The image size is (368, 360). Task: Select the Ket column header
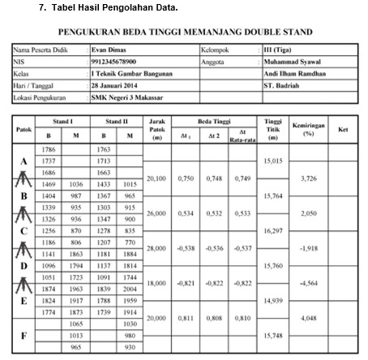[x=343, y=129]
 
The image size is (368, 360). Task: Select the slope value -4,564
[x=307, y=284]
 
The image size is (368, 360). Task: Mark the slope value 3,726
[x=307, y=178]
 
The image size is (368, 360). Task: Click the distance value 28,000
[x=157, y=248]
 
